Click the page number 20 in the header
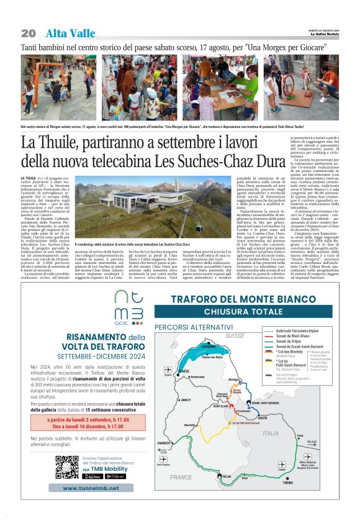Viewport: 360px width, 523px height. coord(28,33)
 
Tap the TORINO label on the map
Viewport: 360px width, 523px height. coord(287,482)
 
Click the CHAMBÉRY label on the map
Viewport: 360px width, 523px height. coord(164,443)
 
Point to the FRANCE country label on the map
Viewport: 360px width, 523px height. coord(181,478)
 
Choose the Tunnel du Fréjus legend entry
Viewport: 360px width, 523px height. coord(291,342)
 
